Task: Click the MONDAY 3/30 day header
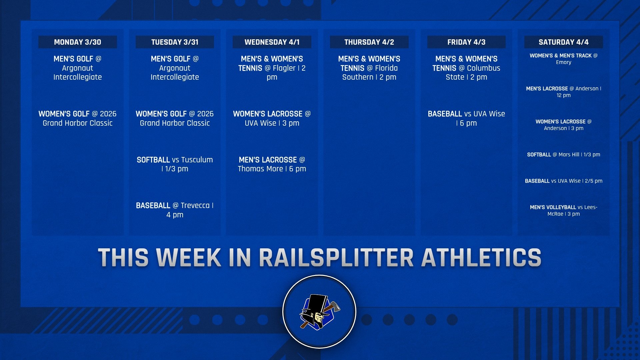click(77, 42)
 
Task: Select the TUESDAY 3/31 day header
click(175, 42)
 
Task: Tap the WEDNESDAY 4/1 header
click(272, 42)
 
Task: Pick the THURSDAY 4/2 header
click(369, 42)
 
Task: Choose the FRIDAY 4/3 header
click(466, 42)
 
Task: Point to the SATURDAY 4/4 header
click(563, 42)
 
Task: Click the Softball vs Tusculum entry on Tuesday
click(175, 164)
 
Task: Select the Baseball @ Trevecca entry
click(175, 210)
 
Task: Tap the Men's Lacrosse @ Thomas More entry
click(272, 164)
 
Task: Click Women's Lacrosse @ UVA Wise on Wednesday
click(272, 118)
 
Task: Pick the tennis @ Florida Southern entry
click(369, 68)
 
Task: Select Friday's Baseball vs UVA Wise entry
click(466, 118)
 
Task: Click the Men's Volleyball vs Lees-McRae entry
click(563, 210)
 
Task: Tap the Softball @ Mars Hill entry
click(563, 155)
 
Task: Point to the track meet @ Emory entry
click(563, 59)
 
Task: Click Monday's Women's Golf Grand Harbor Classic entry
click(77, 118)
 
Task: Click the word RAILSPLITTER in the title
click(336, 257)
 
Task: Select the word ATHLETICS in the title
click(481, 257)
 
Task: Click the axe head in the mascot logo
click(334, 306)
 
